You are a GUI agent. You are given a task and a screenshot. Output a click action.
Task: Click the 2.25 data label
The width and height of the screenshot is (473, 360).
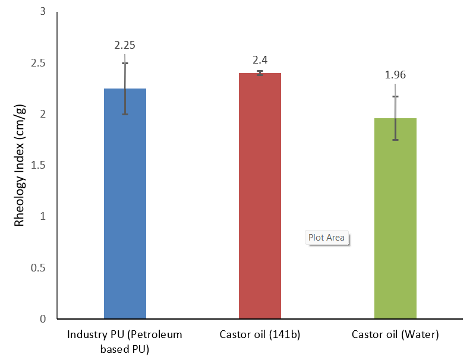[x=125, y=45]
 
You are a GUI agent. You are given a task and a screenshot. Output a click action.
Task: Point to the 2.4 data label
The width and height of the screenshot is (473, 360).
[x=260, y=60]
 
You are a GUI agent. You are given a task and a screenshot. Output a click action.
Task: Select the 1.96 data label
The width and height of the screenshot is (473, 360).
[x=395, y=75]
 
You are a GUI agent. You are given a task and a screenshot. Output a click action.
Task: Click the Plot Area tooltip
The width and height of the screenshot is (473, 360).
[x=326, y=238]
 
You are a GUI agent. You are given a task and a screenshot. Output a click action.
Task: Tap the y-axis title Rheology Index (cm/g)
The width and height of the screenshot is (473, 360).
[x=20, y=166]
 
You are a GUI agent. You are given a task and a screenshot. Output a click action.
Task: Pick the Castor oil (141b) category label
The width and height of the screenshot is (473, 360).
[x=260, y=335]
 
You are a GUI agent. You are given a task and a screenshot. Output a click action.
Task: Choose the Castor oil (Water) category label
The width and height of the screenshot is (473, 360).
[x=395, y=335]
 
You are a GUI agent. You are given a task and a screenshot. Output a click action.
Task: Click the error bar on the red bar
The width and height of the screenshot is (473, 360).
[x=260, y=73]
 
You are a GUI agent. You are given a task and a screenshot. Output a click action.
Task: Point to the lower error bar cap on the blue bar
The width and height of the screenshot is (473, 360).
[x=125, y=114]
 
